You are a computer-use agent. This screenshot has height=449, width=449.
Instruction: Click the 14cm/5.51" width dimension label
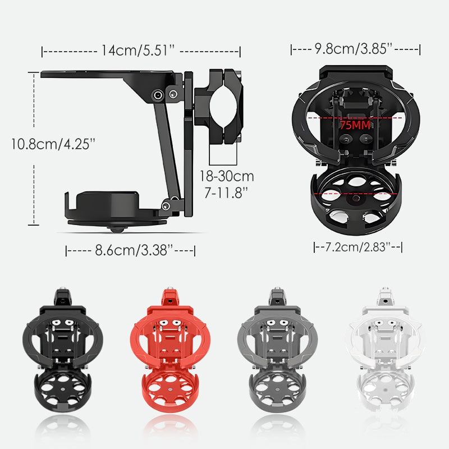(138, 51)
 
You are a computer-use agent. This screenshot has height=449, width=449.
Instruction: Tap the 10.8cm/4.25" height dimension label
(53, 144)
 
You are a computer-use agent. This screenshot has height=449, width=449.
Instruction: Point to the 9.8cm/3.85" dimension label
(354, 49)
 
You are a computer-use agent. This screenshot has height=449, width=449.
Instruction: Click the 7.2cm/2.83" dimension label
(358, 247)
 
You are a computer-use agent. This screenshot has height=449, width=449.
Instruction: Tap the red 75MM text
(355, 125)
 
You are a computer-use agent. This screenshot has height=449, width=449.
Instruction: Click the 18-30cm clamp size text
(227, 176)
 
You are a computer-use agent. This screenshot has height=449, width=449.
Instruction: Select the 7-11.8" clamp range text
(226, 193)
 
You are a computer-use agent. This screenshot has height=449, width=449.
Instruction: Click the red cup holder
(170, 350)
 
